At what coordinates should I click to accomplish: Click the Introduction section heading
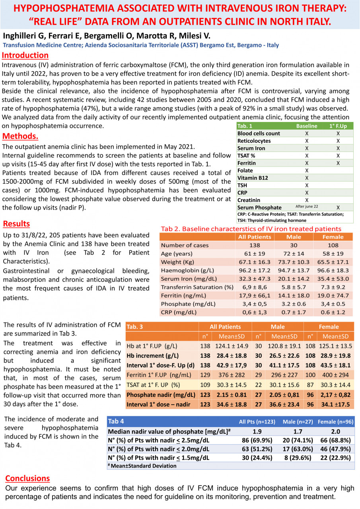click(x=25, y=55)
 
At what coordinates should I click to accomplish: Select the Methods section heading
click(x=20, y=136)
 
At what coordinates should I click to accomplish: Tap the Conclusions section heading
click(x=27, y=478)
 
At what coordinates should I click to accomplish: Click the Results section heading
click(x=16, y=223)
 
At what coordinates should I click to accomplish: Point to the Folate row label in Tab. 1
click(x=246, y=170)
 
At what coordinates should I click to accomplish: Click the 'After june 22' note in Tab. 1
click(x=307, y=206)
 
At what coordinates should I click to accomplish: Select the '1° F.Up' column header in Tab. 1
click(x=338, y=126)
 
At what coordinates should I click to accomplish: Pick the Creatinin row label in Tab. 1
click(x=250, y=200)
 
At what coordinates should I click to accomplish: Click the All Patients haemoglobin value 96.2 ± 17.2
click(x=254, y=270)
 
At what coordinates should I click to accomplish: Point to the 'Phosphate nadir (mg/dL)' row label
click(x=161, y=395)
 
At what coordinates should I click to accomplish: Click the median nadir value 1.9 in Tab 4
click(x=257, y=431)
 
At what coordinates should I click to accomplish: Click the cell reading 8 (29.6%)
click(x=296, y=458)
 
